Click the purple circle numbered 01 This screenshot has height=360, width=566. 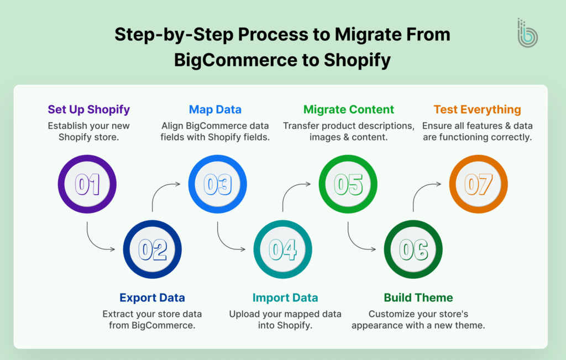pyautogui.click(x=87, y=185)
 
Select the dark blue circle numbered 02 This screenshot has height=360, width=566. pyautogui.click(x=153, y=250)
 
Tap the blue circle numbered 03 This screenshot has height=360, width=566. pyautogui.click(x=217, y=185)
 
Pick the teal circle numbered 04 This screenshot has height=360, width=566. pyautogui.click(x=282, y=250)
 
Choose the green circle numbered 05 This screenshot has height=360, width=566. pyautogui.click(x=348, y=185)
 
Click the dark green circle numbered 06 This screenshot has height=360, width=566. pyautogui.click(x=413, y=250)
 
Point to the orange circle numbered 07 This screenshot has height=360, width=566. pyautogui.click(x=478, y=185)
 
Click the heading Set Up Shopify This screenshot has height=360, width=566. pyautogui.click(x=88, y=109)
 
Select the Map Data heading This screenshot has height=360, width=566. pyautogui.click(x=215, y=109)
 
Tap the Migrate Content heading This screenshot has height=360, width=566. pyautogui.click(x=349, y=109)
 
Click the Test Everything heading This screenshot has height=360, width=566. pyautogui.click(x=477, y=109)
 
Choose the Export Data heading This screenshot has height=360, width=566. pyautogui.click(x=152, y=298)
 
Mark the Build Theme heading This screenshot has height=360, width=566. pyautogui.click(x=418, y=298)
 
